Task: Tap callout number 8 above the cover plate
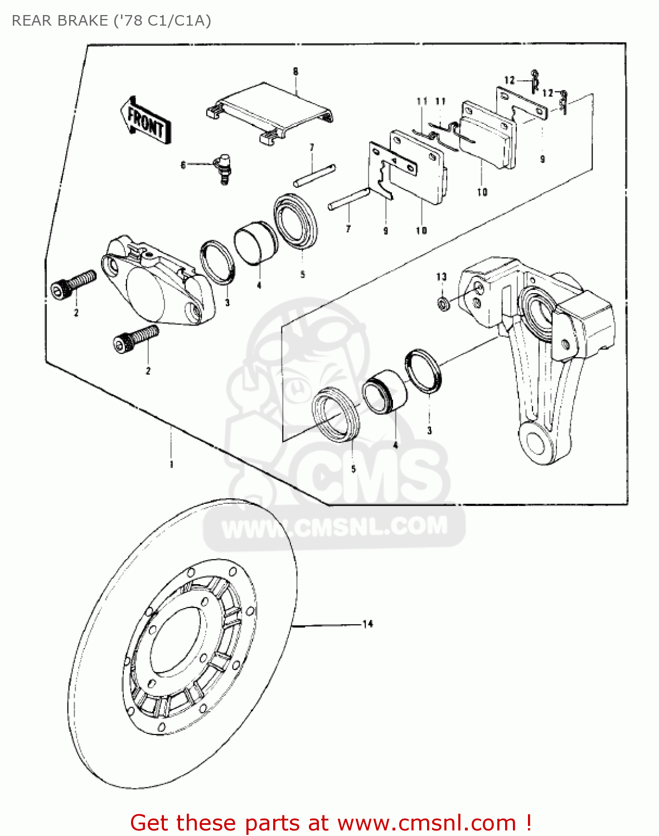(295, 71)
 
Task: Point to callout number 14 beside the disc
(367, 624)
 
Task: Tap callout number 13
(442, 276)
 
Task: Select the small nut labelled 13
(443, 304)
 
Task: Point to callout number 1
(171, 464)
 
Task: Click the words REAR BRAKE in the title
(60, 21)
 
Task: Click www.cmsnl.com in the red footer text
(427, 823)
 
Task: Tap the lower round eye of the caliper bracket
(536, 443)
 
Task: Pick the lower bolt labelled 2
(135, 339)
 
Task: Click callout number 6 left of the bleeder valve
(183, 165)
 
